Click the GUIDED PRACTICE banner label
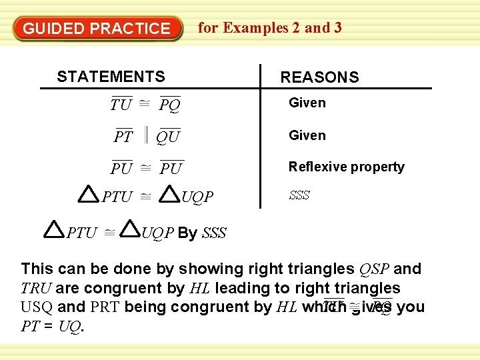[97, 29]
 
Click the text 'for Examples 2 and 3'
[270, 27]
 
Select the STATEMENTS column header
[111, 77]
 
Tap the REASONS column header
[319, 77]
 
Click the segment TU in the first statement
[121, 105]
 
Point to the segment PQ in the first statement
[170, 105]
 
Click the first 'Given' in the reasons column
[307, 103]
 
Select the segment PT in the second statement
[123, 137]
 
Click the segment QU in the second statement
[168, 137]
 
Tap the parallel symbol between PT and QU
[144, 136]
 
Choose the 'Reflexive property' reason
[346, 167]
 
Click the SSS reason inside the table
[299, 195]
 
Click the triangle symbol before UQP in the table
[171, 193]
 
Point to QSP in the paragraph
[373, 269]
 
